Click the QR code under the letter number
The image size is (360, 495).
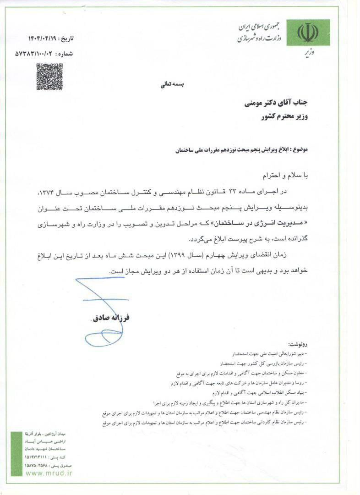[x=49, y=77]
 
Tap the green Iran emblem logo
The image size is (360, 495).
[x=308, y=32]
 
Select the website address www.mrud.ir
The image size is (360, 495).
[x=49, y=473]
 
